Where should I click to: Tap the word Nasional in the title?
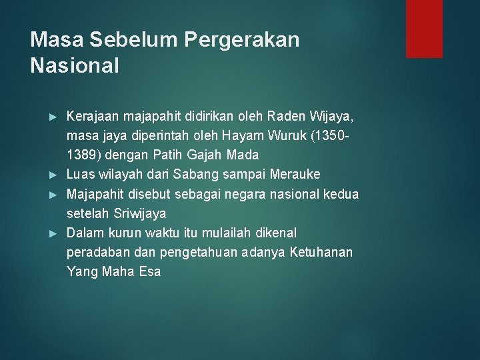click(75, 65)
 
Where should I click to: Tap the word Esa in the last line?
click(150, 271)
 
